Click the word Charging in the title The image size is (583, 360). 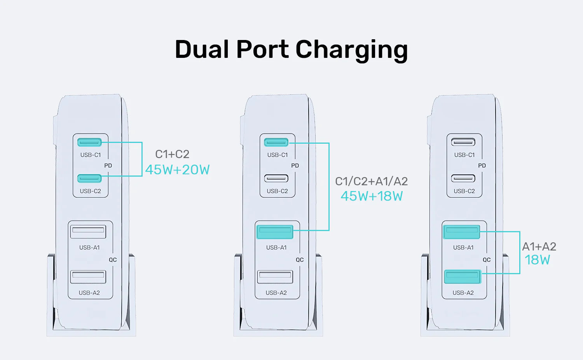(351, 50)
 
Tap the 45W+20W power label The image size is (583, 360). (177, 170)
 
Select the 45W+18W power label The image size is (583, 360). (372, 196)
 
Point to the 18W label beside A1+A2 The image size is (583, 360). (537, 260)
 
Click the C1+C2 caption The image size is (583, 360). (172, 154)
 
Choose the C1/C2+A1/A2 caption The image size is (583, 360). (371, 181)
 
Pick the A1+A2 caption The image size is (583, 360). (539, 247)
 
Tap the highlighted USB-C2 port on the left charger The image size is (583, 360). (89, 179)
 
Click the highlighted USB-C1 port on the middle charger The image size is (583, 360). (276, 143)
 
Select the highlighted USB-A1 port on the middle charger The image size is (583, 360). (275, 232)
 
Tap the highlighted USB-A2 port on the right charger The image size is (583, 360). (463, 277)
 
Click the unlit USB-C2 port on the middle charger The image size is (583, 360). (276, 179)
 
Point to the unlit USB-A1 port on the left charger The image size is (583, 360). (88, 232)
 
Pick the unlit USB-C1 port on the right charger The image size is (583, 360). (463, 142)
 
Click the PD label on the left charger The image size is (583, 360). (108, 166)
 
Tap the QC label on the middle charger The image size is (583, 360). (300, 260)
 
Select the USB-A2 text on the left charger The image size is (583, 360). (89, 293)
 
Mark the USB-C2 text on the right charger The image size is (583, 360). (464, 191)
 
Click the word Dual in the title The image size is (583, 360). (202, 50)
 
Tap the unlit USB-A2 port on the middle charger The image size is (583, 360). (275, 277)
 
